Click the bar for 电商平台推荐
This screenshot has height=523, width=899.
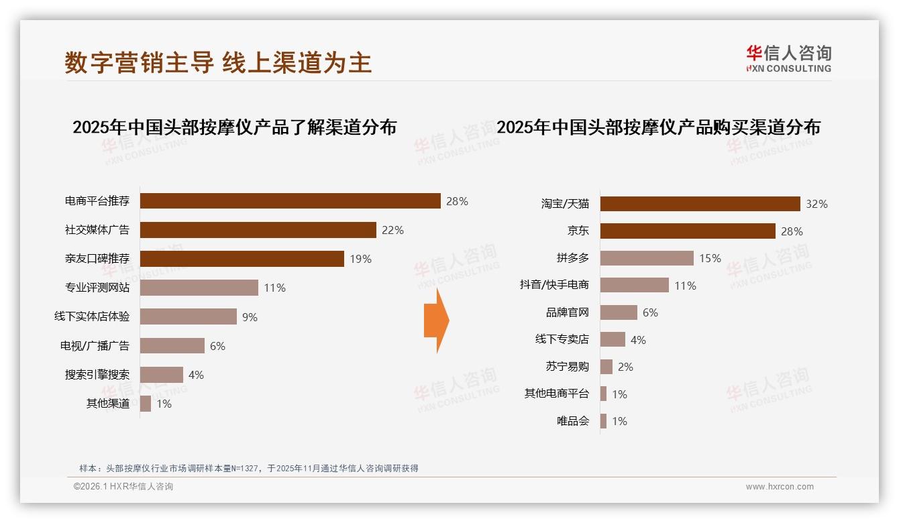[290, 201]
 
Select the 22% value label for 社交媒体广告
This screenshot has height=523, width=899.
[392, 230]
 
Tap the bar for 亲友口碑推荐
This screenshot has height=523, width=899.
[242, 259]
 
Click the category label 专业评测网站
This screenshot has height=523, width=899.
[97, 288]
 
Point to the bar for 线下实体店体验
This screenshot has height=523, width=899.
[188, 316]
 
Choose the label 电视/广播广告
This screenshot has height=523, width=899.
[95, 346]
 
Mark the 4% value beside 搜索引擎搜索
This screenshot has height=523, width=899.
[196, 375]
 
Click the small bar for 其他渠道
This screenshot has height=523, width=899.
[145, 404]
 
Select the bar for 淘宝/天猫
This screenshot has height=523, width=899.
[700, 204]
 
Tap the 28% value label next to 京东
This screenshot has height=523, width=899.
[792, 231]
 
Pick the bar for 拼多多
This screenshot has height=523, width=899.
[647, 258]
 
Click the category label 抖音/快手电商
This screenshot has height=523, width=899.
[554, 285]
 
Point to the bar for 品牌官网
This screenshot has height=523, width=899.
[619, 312]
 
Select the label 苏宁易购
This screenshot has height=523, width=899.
[567, 367]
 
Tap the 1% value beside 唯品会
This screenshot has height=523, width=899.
[619, 421]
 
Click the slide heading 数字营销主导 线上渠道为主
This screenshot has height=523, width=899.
[218, 62]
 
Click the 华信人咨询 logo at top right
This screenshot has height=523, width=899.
[788, 58]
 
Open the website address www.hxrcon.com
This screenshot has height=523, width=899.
[780, 487]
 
